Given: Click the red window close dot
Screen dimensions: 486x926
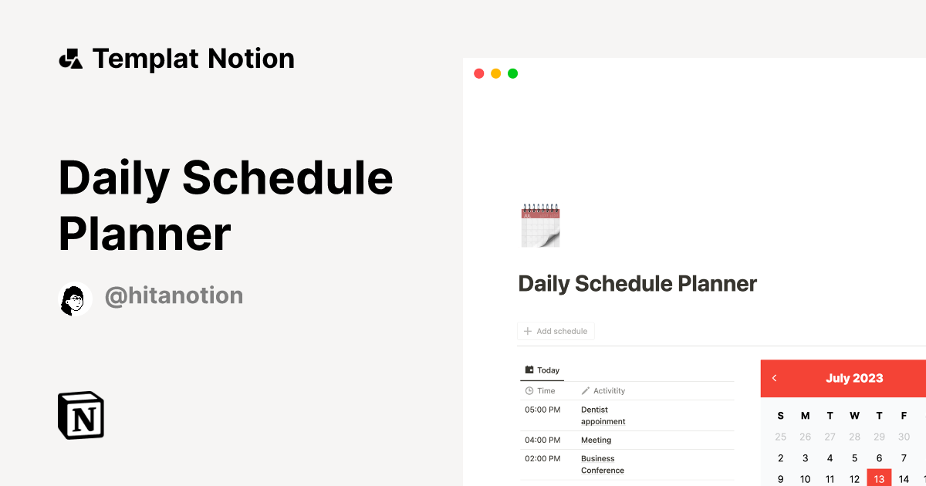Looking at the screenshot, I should tap(478, 73).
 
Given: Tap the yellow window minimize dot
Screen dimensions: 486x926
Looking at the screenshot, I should tap(495, 73).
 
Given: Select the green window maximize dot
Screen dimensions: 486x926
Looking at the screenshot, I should tap(512, 73).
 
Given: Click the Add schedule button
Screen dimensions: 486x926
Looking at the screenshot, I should tap(556, 331).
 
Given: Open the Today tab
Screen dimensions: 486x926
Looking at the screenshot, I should tap(542, 370).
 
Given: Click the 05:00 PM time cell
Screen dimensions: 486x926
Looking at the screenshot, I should tap(542, 410).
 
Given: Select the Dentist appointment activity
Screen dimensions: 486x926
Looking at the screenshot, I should tap(603, 416).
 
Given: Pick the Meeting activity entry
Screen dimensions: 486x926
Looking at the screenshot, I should tap(596, 440).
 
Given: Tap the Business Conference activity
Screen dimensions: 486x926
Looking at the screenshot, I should tap(602, 464).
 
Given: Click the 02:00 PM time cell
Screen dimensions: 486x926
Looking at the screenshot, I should tap(542, 459).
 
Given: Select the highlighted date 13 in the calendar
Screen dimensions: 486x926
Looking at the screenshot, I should tap(879, 479).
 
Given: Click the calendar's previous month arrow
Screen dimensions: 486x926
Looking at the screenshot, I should tap(774, 378).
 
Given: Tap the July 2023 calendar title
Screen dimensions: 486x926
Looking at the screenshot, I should tap(854, 378).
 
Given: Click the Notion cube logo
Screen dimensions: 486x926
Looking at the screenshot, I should tap(81, 415).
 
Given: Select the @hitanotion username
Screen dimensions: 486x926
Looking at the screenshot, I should tap(174, 295).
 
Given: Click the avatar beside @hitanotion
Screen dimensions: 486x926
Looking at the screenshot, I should tap(75, 299).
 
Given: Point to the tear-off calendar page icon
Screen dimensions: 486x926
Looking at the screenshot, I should tap(540, 225).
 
